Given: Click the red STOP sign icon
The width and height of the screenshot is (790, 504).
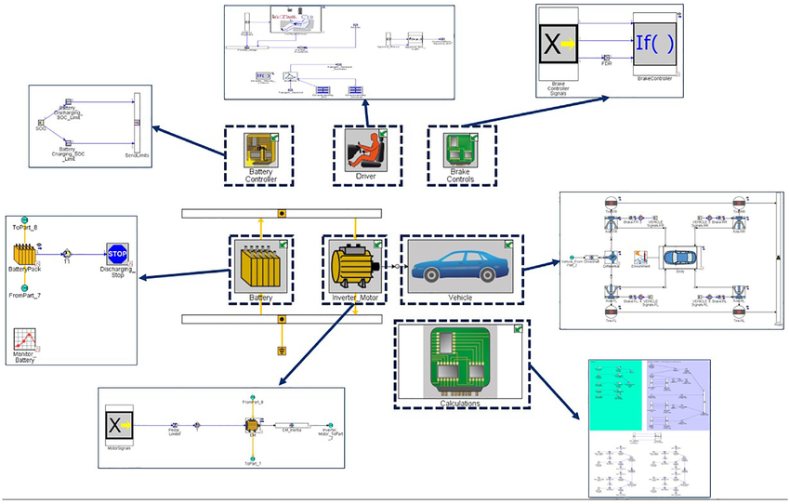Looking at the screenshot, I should [117, 256].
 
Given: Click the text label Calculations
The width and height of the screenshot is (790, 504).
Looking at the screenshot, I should [461, 404].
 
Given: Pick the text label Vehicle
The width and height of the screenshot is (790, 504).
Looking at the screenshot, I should [460, 298].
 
